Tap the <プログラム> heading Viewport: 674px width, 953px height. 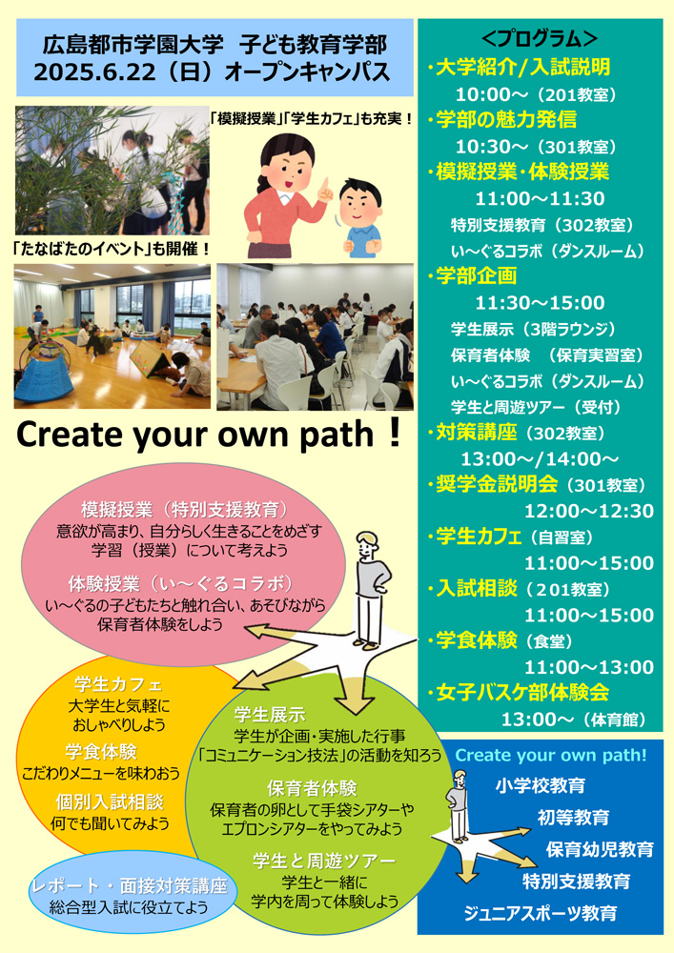(x=540, y=39)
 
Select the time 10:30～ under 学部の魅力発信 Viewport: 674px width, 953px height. (x=483, y=147)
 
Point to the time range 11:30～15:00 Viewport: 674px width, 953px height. (x=540, y=302)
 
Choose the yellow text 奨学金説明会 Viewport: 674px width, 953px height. (x=497, y=484)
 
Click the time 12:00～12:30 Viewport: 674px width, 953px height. (x=589, y=511)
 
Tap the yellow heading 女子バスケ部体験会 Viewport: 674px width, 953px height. (x=522, y=692)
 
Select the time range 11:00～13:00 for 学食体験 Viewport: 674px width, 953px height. (x=589, y=667)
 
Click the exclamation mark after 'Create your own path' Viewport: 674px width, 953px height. (x=393, y=433)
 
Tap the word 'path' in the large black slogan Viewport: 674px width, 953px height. (x=337, y=436)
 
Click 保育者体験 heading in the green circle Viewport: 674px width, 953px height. (x=312, y=788)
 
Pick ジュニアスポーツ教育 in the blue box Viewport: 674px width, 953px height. (x=541, y=913)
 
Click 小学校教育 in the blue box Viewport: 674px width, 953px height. (x=541, y=785)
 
